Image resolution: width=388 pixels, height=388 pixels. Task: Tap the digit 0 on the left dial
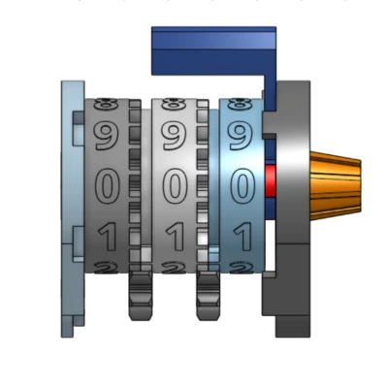(x=105, y=184)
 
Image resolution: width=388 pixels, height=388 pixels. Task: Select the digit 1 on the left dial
(x=105, y=234)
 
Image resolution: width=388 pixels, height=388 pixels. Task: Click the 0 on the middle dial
(x=174, y=184)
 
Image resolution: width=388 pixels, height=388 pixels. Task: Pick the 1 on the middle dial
(x=174, y=234)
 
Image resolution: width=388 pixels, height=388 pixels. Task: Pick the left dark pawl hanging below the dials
(x=140, y=296)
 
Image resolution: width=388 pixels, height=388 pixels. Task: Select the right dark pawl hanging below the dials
(x=208, y=296)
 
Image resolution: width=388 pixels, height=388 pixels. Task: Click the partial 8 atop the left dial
(x=106, y=101)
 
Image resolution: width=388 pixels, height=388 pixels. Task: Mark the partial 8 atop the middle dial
(x=174, y=101)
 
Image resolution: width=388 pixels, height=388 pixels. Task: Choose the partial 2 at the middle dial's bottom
(x=174, y=267)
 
